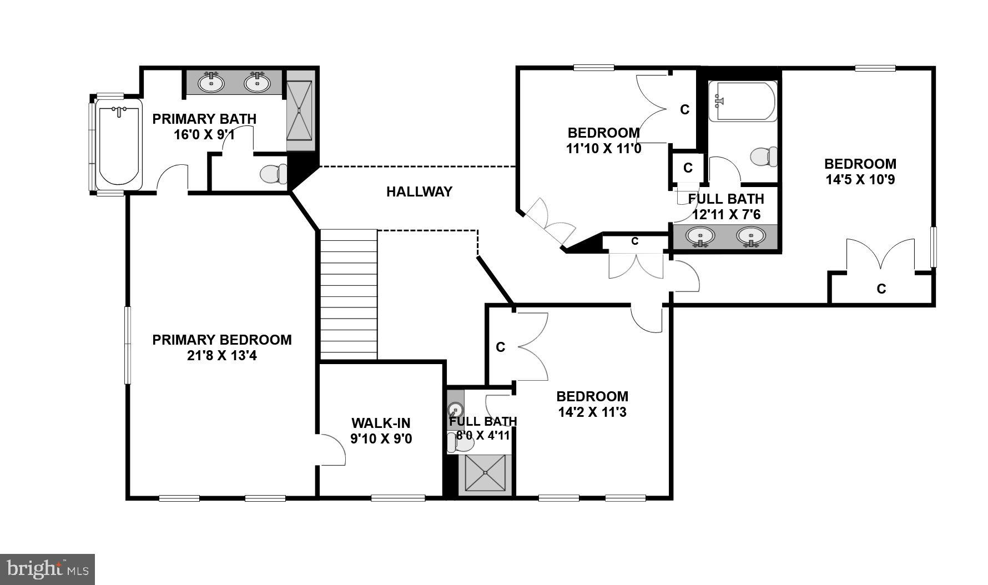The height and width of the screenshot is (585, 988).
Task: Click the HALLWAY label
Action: coord(419,192)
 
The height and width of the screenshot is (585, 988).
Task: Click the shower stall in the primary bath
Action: coord(300,110)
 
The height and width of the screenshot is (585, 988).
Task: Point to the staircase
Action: coord(349,294)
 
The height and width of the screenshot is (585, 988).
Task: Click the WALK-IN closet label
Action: coord(381,423)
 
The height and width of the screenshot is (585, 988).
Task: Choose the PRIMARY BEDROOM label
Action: coord(221,340)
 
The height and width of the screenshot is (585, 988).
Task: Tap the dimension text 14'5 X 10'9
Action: coord(860,180)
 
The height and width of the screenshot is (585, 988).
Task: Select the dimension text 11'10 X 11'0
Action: coord(603,149)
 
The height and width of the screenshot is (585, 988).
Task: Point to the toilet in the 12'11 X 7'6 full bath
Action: coord(764,157)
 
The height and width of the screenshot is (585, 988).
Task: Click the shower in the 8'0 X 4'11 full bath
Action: coord(486,473)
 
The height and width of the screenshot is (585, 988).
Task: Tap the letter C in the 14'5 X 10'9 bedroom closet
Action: coord(881,289)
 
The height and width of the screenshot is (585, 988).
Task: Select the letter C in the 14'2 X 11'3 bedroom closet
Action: coord(500,347)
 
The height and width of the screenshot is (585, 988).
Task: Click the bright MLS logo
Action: coord(47,569)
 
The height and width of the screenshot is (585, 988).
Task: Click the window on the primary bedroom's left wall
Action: coord(127,345)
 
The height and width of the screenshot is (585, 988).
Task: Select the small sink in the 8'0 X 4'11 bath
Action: coord(455,410)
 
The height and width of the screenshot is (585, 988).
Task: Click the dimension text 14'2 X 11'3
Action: coord(592,412)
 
